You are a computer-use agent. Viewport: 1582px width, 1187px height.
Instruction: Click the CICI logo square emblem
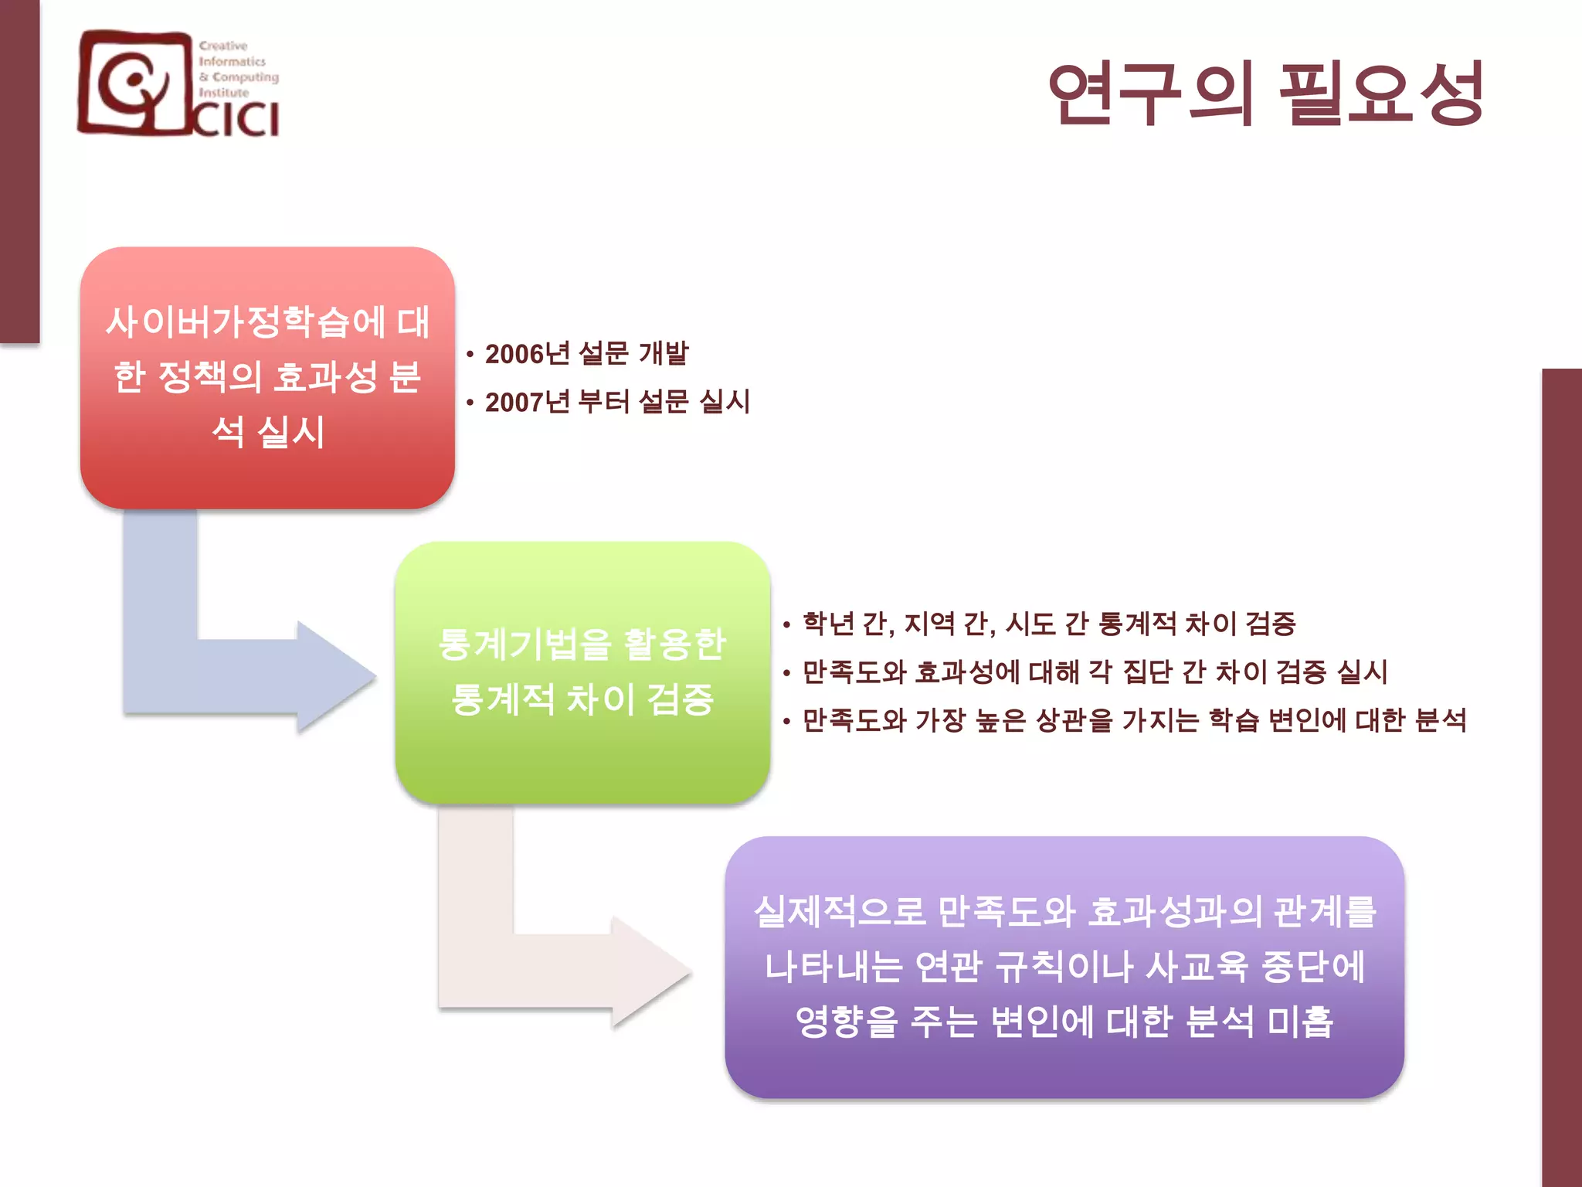coord(136,83)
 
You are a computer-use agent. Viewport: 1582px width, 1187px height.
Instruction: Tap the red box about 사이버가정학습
coord(267,377)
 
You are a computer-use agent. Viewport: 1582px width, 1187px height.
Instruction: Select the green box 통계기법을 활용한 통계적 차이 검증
coord(582,672)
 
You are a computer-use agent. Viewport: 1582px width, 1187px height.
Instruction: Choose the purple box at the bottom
coord(1064,967)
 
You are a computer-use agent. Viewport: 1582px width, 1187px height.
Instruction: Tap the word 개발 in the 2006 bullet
coord(664,354)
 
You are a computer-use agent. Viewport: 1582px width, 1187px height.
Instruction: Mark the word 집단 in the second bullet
coord(1147,672)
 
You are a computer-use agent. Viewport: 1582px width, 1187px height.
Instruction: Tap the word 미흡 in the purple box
coord(1301,1022)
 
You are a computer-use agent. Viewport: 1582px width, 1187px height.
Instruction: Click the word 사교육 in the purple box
coord(1197,967)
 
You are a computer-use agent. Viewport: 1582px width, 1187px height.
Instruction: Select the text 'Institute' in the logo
coord(224,93)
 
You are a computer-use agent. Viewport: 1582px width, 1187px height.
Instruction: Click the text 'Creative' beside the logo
coord(223,46)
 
